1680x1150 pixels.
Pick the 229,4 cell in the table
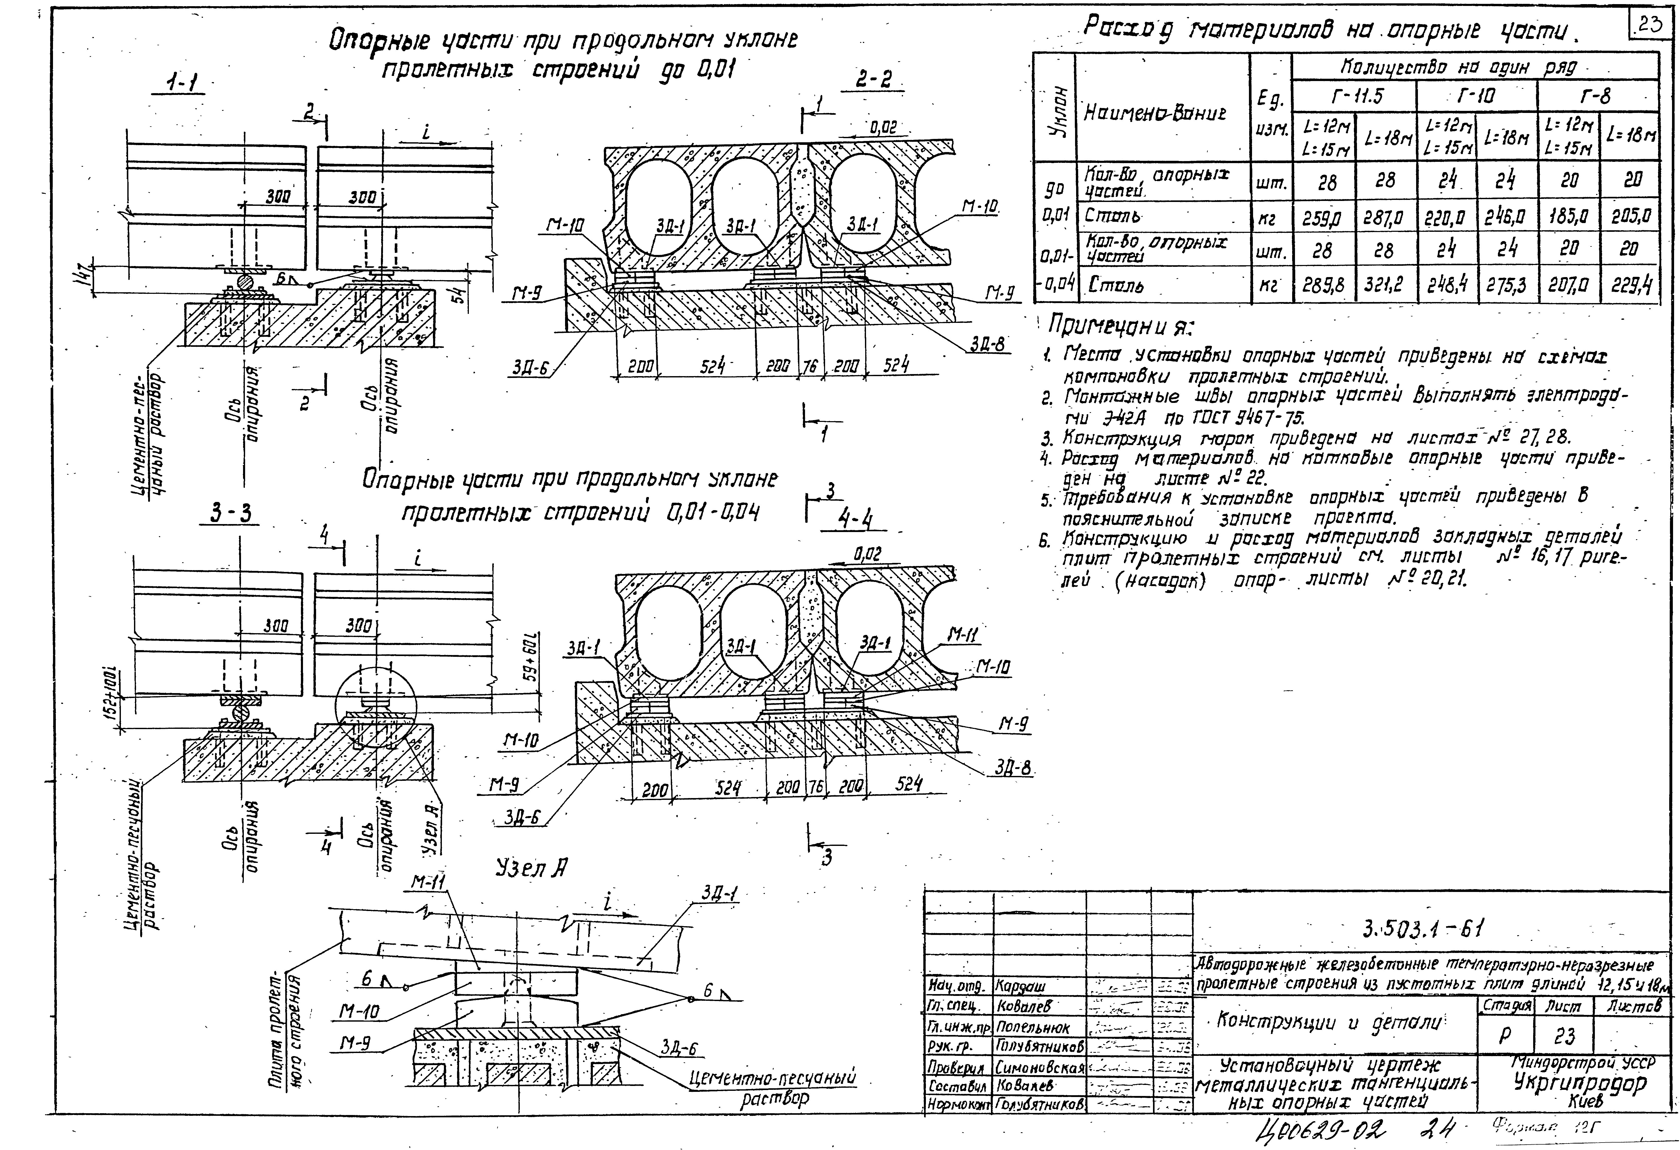click(x=1632, y=286)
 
